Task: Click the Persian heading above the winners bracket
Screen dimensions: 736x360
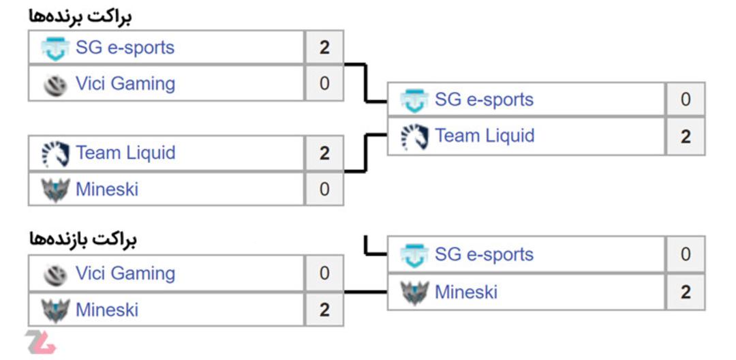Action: [x=80, y=17]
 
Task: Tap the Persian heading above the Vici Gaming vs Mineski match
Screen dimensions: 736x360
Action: [x=82, y=240]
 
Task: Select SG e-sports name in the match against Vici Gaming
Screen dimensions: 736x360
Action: [x=125, y=48]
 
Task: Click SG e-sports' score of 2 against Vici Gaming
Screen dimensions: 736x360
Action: [x=324, y=48]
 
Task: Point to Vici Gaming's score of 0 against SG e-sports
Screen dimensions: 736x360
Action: [x=324, y=84]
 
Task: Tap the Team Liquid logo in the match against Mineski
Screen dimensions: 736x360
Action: [x=55, y=153]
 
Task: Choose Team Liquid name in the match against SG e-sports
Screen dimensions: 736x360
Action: [x=485, y=136]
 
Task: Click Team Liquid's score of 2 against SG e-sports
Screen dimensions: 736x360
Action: [x=686, y=136]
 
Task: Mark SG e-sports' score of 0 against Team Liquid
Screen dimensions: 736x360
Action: [x=686, y=100]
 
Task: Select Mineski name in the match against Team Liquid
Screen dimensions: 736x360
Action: [x=107, y=189]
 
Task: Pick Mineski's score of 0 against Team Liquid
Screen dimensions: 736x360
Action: [x=324, y=189]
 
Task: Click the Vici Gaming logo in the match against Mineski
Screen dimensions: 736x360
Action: [x=55, y=275]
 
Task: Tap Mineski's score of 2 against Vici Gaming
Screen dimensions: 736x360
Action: [x=324, y=310]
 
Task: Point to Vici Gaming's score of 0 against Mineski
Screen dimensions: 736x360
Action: [x=324, y=273]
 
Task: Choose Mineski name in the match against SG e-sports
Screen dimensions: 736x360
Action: [x=466, y=292]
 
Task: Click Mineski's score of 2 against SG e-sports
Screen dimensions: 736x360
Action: [x=686, y=292]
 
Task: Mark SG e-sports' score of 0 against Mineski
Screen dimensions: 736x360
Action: [x=686, y=254]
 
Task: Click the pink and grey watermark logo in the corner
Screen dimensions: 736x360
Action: [x=41, y=342]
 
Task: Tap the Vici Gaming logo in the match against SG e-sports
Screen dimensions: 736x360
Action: [x=55, y=86]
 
